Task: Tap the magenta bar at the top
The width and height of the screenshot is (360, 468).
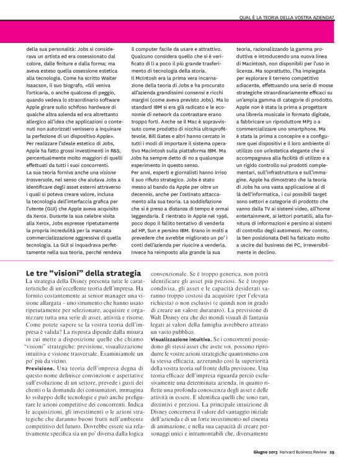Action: pos(180,31)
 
